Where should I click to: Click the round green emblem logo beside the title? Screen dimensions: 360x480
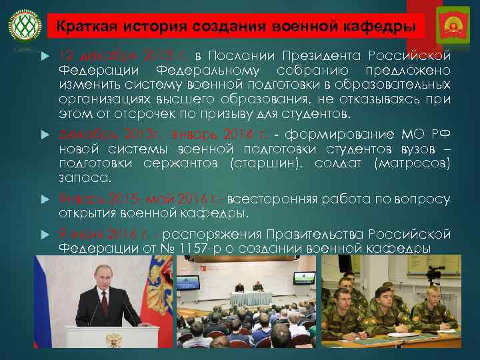click(23, 27)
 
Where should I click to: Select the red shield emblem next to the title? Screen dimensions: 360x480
click(451, 27)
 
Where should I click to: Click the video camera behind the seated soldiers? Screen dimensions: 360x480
click(434, 272)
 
